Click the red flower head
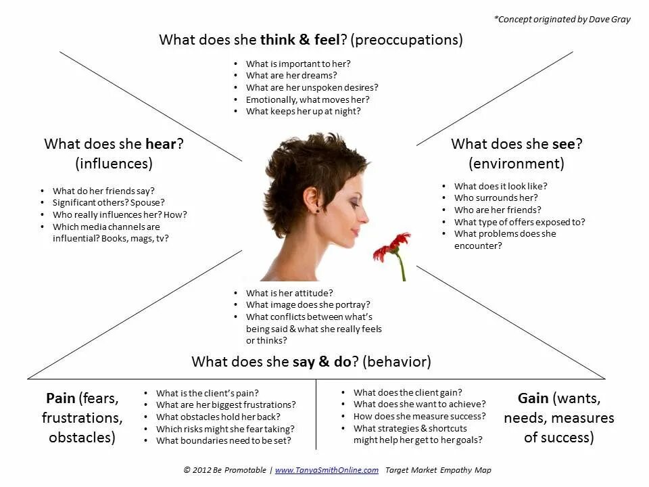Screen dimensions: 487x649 391,248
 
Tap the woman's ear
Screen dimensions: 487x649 312,198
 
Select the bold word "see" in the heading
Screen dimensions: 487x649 563,143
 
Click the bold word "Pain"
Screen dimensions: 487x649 61,398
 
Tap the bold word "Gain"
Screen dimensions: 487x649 533,398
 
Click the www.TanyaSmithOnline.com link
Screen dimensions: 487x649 327,470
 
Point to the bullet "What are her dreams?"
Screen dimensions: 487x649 291,76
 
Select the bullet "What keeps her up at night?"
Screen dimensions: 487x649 303,112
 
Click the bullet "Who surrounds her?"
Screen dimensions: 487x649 496,198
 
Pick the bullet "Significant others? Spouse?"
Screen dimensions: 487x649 109,202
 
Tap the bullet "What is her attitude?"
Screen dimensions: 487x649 289,293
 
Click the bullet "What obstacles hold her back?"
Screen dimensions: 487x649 218,417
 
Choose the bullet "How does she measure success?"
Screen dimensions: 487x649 419,416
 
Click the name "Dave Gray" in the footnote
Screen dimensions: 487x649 610,19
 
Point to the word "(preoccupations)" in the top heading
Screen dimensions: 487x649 408,39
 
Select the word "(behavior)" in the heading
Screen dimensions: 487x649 396,361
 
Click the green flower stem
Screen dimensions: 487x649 402,269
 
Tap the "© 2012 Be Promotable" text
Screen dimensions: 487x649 224,470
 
